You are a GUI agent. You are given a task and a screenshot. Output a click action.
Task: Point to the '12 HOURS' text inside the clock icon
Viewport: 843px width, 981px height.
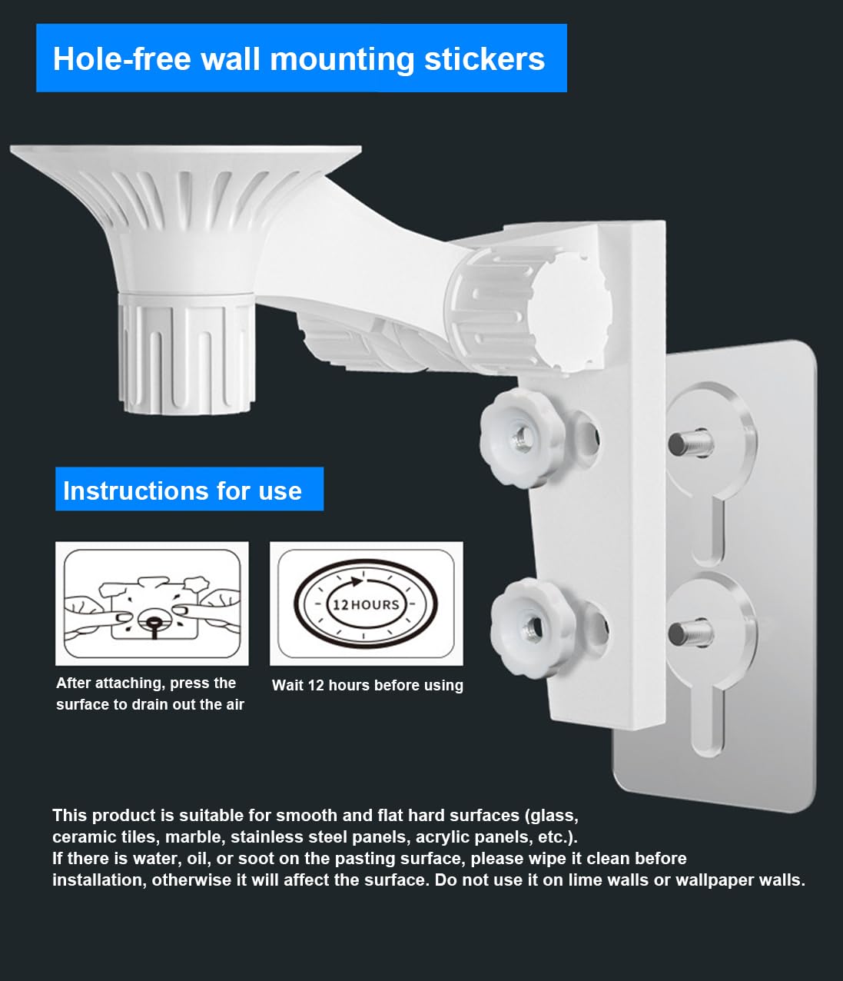tap(366, 604)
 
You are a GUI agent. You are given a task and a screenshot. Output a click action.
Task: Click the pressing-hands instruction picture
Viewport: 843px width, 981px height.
tap(152, 604)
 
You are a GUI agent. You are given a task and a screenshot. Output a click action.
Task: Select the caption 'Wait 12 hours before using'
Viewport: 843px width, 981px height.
tap(367, 685)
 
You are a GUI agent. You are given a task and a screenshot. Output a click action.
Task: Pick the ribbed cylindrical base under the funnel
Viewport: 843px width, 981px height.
tap(184, 354)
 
